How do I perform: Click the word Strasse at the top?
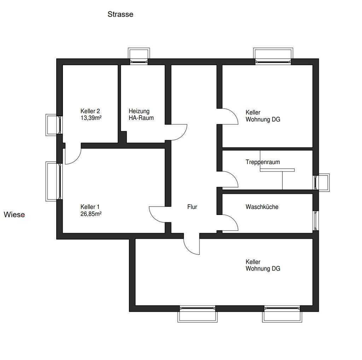[120, 14]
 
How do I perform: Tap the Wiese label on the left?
[14, 214]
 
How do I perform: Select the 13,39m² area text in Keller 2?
[91, 118]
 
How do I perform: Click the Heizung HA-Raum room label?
[141, 115]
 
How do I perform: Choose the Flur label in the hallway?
[192, 207]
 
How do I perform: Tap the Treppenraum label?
[263, 162]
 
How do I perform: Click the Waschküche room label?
[262, 207]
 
